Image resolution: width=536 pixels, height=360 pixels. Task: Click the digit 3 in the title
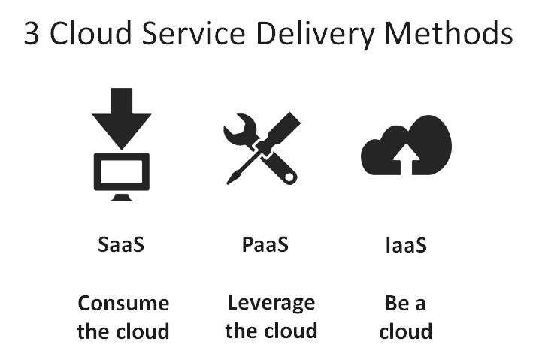[32, 33]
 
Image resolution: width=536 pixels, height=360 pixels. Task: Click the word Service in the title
[193, 33]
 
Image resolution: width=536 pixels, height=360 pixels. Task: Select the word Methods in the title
[449, 33]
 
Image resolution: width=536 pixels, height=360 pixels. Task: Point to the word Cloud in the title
[91, 33]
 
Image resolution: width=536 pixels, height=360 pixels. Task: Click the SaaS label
[121, 244]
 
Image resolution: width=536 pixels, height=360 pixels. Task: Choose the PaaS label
[265, 244]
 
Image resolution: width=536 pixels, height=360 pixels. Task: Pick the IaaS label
[406, 245]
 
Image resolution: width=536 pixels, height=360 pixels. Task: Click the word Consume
[123, 303]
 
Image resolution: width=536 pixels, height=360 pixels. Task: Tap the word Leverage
[271, 304]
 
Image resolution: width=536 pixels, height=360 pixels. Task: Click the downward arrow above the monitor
[121, 118]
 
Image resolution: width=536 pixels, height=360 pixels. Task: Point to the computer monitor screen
[122, 171]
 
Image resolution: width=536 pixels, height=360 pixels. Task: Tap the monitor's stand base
[122, 197]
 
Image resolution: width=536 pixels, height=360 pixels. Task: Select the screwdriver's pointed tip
[228, 183]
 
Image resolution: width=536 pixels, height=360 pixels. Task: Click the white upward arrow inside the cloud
[406, 159]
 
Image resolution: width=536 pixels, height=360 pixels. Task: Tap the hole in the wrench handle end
[289, 177]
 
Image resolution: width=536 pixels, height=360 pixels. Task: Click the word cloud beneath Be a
[406, 331]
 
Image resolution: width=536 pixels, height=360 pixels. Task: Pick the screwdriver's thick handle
[282, 129]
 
